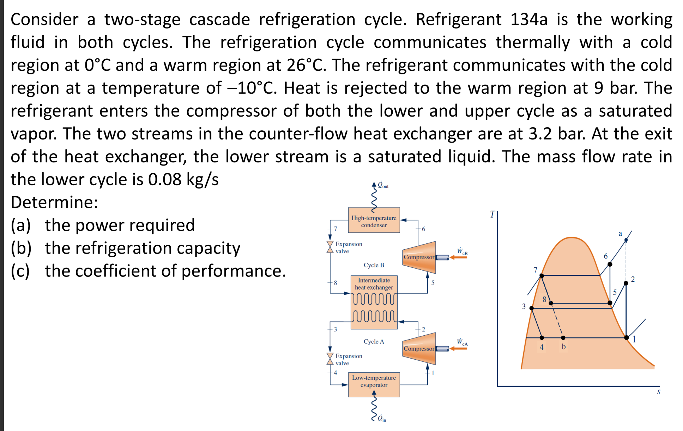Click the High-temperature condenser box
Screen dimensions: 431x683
pos(374,220)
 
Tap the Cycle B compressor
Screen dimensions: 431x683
pos(419,257)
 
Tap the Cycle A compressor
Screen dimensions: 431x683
pos(419,349)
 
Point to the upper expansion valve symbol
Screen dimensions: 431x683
pos(330,247)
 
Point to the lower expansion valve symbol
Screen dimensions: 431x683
pos(330,359)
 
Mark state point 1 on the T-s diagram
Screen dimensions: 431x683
pos(626,337)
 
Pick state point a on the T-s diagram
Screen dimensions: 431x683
pos(626,240)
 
